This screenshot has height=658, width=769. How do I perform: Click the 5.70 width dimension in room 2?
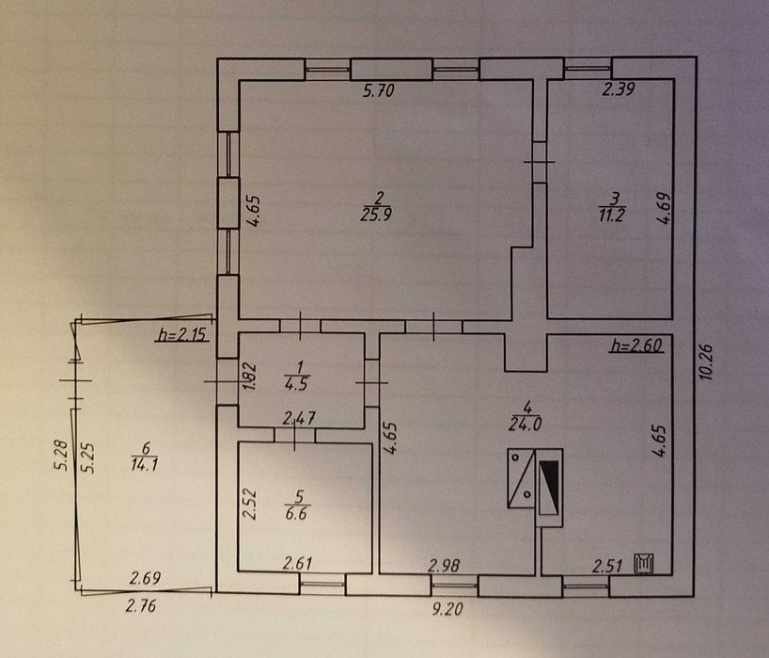tap(379, 92)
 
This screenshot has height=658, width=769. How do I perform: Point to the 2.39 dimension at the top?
tap(618, 91)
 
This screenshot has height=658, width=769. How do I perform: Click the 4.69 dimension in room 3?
tap(665, 207)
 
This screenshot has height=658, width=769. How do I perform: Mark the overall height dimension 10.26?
tap(708, 359)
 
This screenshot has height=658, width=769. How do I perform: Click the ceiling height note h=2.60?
tap(638, 345)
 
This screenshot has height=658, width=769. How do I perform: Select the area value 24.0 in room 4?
tap(530, 423)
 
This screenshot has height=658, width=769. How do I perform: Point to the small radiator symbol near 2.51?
tap(645, 563)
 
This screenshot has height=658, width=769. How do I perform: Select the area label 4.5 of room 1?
tap(300, 382)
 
